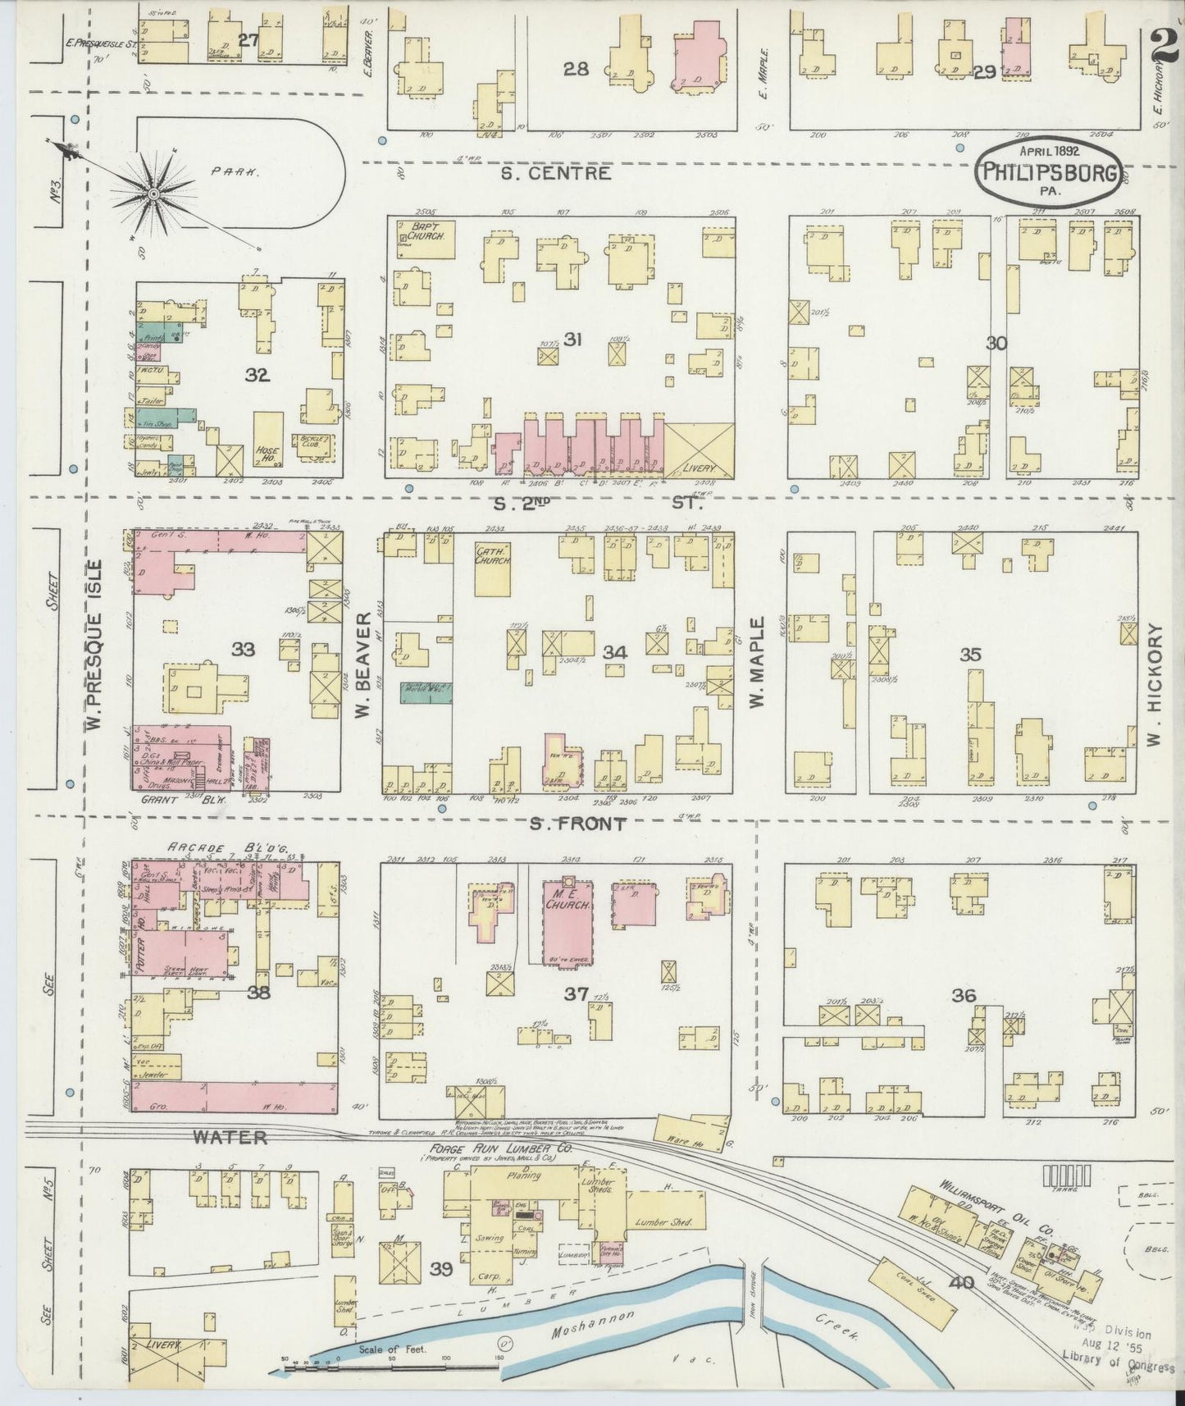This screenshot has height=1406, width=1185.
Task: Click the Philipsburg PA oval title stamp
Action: pos(1048,171)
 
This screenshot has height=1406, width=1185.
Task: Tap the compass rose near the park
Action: pos(153,193)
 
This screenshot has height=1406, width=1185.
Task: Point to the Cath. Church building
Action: pos(493,567)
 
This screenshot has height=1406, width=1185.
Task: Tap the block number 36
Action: pos(964,995)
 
